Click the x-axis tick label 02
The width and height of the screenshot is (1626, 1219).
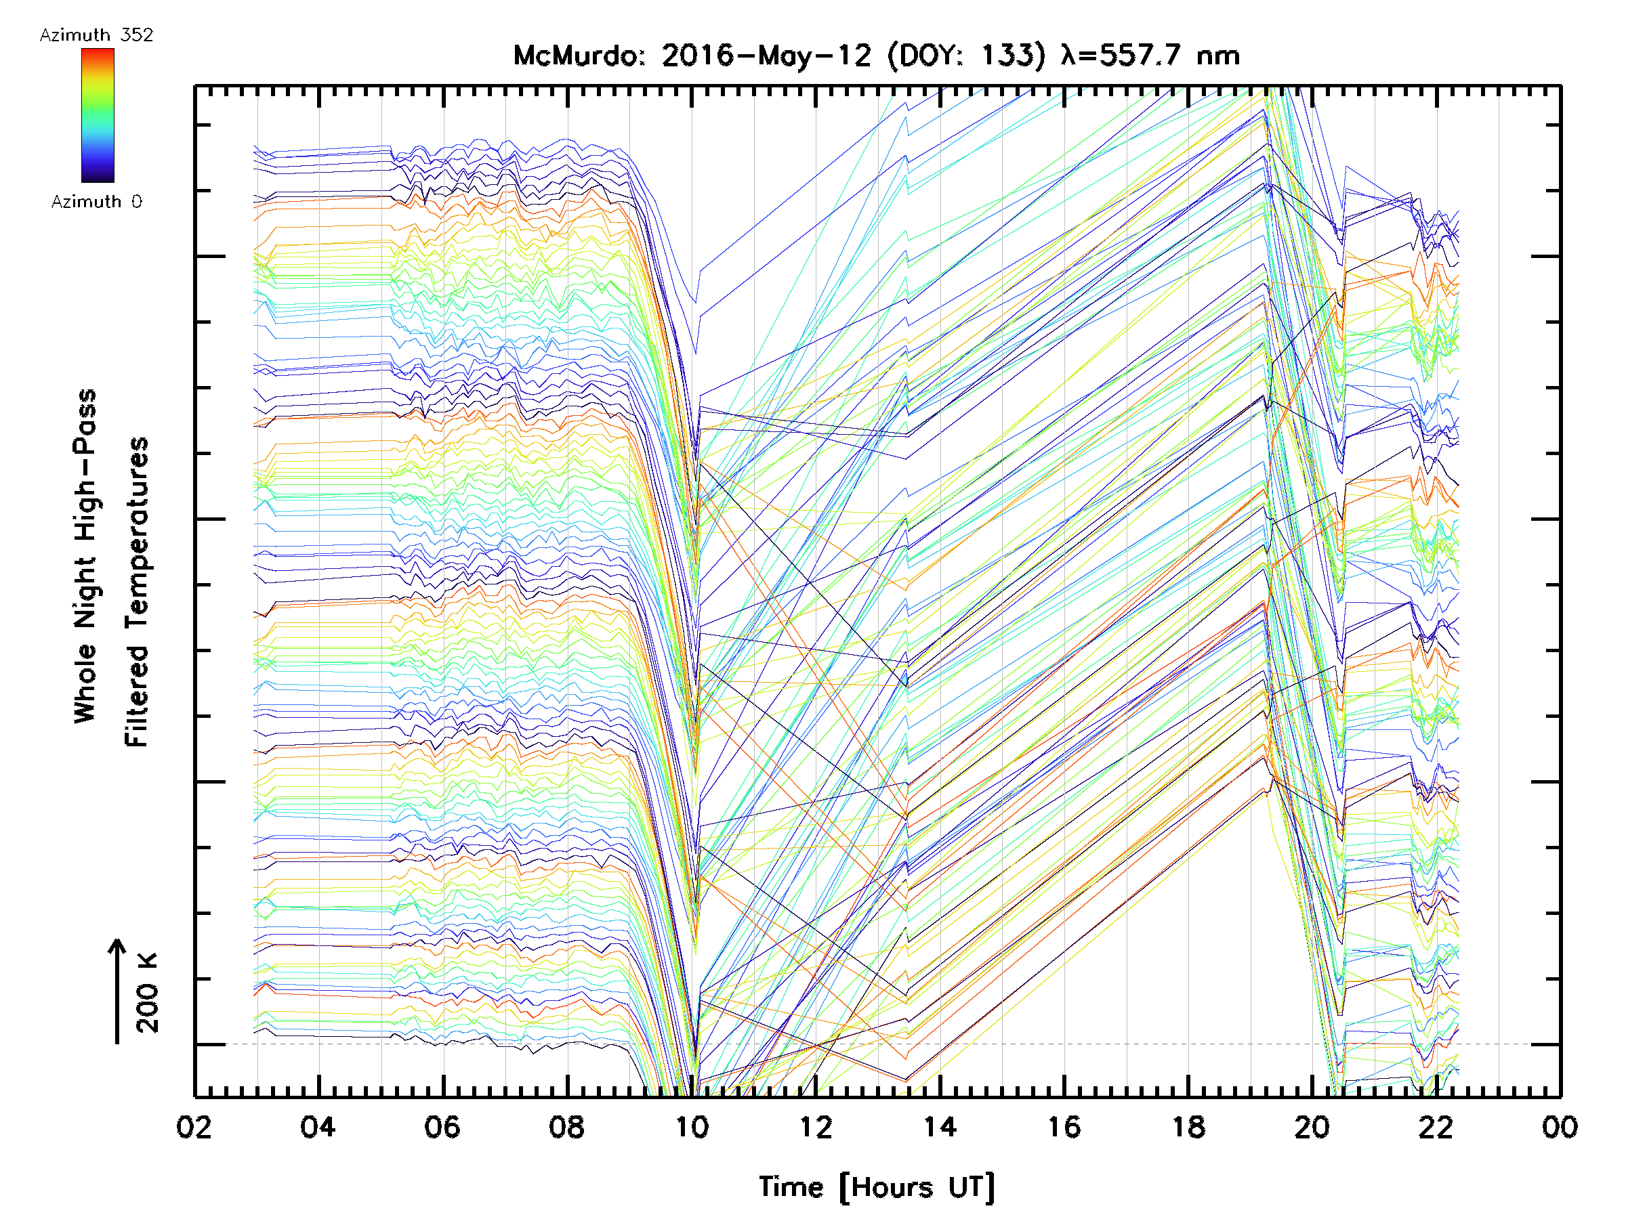click(x=194, y=1127)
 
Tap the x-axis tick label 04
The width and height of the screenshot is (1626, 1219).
click(x=318, y=1127)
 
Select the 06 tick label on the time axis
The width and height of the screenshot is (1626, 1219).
click(x=442, y=1127)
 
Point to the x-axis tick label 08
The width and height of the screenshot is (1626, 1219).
click(x=567, y=1127)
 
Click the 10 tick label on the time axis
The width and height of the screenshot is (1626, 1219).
click(x=691, y=1127)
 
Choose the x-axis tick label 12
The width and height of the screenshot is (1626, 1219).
click(x=815, y=1127)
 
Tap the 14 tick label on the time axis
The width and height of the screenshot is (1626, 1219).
click(x=940, y=1127)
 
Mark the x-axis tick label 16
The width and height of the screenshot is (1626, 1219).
click(x=1064, y=1127)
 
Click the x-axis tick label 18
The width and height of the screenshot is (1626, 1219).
click(x=1188, y=1127)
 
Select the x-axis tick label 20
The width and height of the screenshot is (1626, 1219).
click(x=1312, y=1127)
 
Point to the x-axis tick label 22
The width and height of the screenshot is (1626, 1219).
click(x=1436, y=1127)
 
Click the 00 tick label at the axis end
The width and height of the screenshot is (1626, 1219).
click(x=1560, y=1127)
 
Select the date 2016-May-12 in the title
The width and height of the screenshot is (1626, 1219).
click(x=766, y=56)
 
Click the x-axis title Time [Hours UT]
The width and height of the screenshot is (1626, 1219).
click(x=877, y=1187)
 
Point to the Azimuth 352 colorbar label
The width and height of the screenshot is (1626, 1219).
click(x=96, y=35)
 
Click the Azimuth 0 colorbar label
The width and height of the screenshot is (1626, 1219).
click(x=96, y=202)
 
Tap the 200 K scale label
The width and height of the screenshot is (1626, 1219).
click(x=148, y=993)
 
